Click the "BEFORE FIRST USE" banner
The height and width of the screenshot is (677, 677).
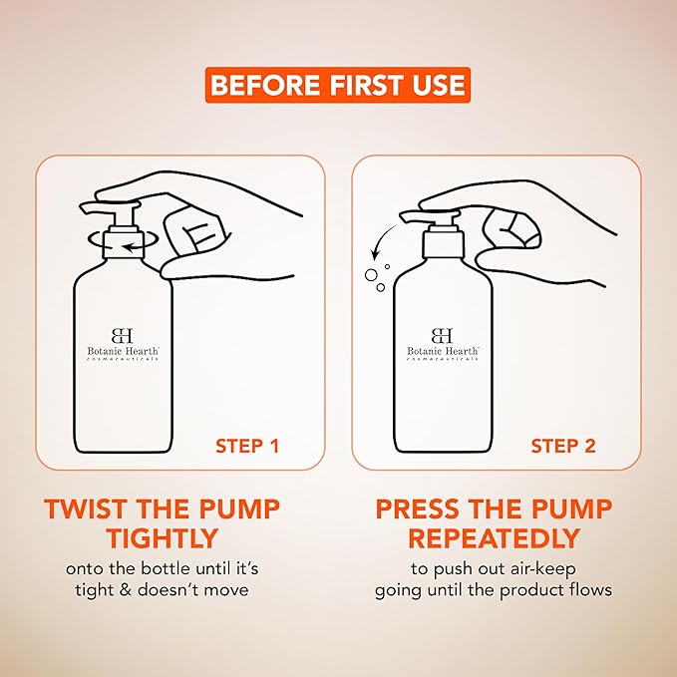click(338, 85)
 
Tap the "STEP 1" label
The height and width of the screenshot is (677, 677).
click(247, 446)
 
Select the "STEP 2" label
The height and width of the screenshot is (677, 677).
click(563, 446)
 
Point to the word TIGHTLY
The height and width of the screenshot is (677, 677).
click(163, 538)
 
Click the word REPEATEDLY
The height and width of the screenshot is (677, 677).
click(494, 538)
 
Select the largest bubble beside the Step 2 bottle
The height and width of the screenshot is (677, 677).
click(371, 274)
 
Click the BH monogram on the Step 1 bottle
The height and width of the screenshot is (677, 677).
click(123, 336)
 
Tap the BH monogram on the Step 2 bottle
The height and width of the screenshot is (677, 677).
click(442, 336)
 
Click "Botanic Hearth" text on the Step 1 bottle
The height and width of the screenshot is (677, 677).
click(123, 351)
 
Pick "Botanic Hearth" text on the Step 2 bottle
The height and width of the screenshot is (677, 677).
click(443, 351)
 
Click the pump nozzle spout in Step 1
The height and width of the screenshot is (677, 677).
click(92, 207)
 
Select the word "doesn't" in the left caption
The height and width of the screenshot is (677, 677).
click(168, 590)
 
